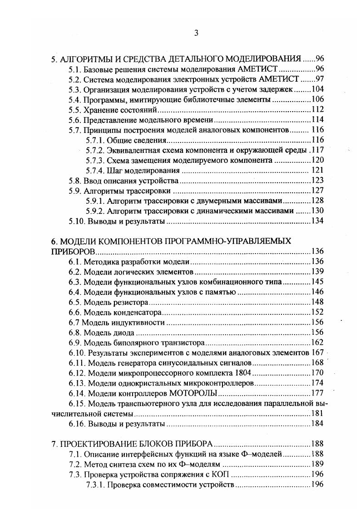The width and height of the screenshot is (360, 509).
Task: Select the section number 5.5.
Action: click(x=75, y=110)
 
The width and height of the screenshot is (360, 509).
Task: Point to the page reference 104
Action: click(x=317, y=89)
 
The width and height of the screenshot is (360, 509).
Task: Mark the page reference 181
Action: click(x=317, y=414)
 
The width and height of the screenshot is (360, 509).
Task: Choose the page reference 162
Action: click(x=317, y=343)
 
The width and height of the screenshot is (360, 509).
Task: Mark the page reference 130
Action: click(x=317, y=211)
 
